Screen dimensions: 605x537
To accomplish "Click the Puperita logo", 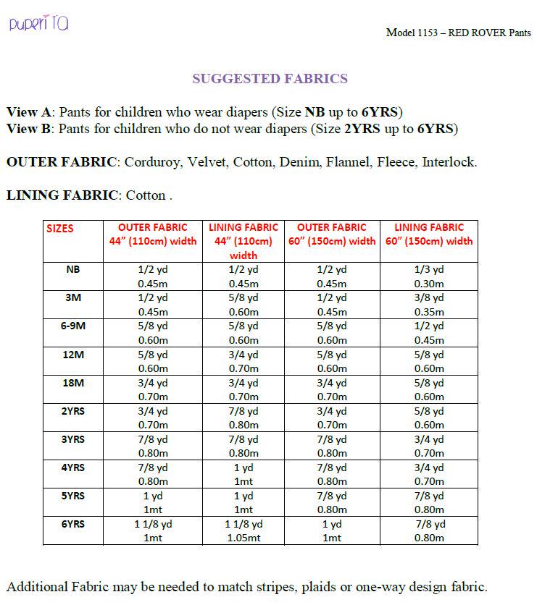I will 39,24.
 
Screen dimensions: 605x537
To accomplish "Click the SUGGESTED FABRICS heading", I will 270,79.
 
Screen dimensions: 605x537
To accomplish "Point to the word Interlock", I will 449,162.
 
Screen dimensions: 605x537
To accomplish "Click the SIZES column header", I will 60,228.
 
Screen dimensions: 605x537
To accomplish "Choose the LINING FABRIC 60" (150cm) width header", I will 429,234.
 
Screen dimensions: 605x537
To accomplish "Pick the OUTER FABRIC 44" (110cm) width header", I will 153,234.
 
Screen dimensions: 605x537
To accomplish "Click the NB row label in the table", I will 72,269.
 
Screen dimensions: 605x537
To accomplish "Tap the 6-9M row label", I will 72,326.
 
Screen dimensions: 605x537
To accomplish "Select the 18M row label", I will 72,382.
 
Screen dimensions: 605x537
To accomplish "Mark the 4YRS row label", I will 72,467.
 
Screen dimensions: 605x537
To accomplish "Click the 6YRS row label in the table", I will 72,524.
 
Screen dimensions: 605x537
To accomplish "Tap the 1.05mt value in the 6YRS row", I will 243,538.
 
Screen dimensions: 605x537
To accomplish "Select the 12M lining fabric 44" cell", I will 243,361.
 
